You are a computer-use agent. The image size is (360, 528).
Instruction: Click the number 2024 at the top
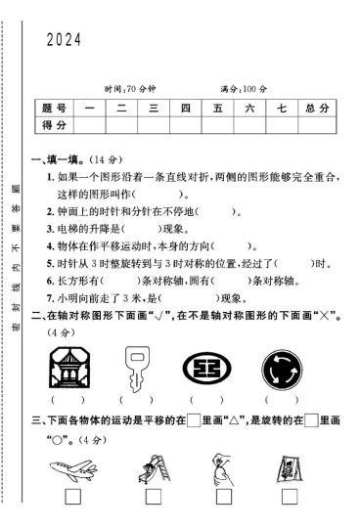click(x=63, y=40)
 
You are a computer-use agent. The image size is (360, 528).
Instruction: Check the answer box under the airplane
click(x=72, y=498)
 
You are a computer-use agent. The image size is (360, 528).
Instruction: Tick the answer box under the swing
click(x=292, y=498)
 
